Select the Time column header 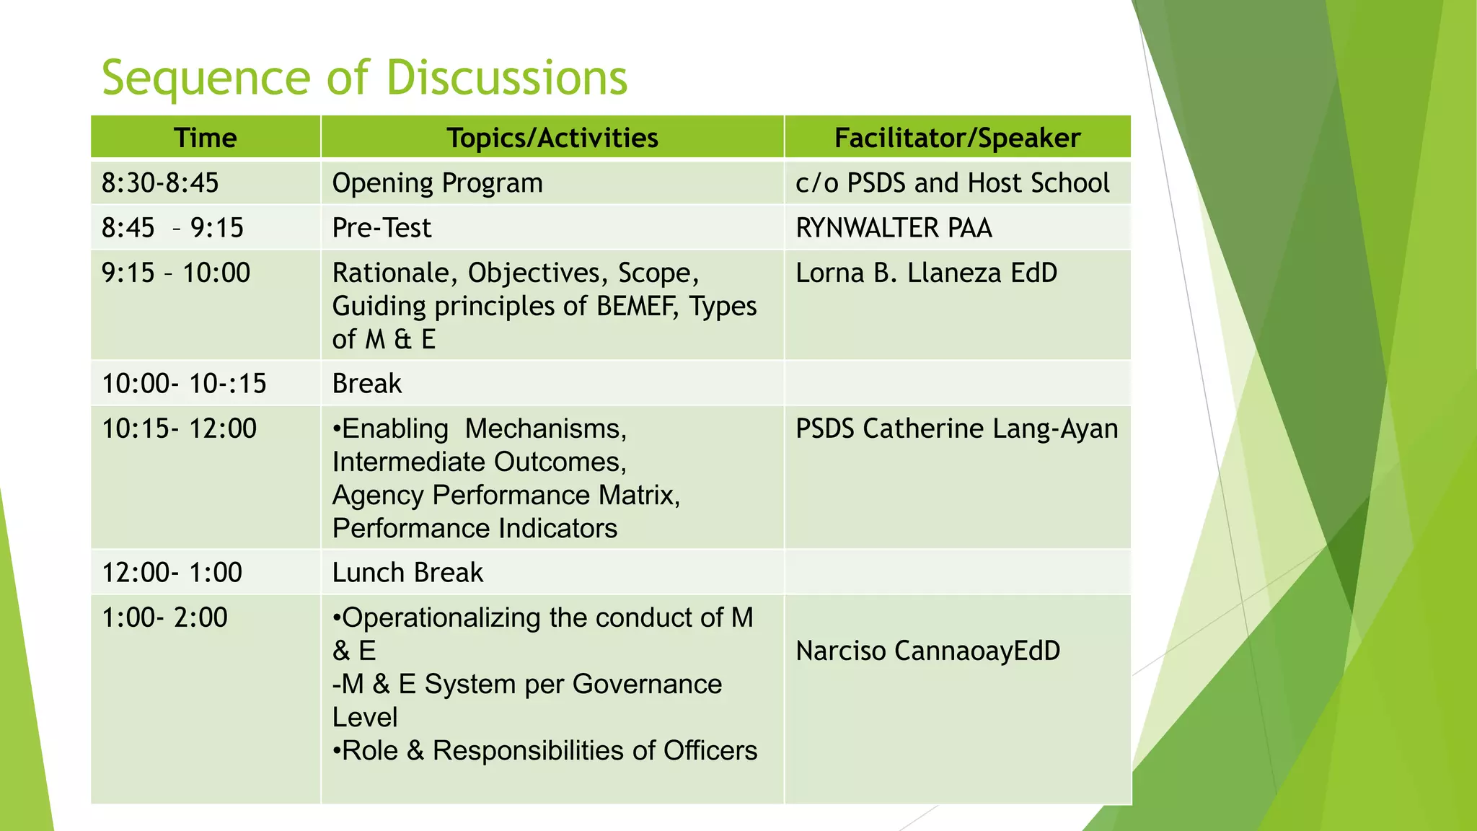tap(206, 138)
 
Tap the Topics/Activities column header tap(552, 138)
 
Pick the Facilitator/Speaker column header tap(957, 138)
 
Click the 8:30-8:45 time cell tap(160, 183)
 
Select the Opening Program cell tap(437, 183)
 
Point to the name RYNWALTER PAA tap(894, 228)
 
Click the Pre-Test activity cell tap(382, 228)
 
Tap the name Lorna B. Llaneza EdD tap(926, 273)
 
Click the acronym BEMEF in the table tap(637, 306)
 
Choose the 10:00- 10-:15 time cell tap(184, 384)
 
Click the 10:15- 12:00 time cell tap(179, 428)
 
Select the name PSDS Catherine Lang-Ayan tap(956, 428)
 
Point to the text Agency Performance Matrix tap(505, 496)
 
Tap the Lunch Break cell tap(407, 573)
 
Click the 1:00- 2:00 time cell tap(164, 617)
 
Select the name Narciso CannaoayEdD tap(927, 651)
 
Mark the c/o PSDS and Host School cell tap(952, 183)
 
